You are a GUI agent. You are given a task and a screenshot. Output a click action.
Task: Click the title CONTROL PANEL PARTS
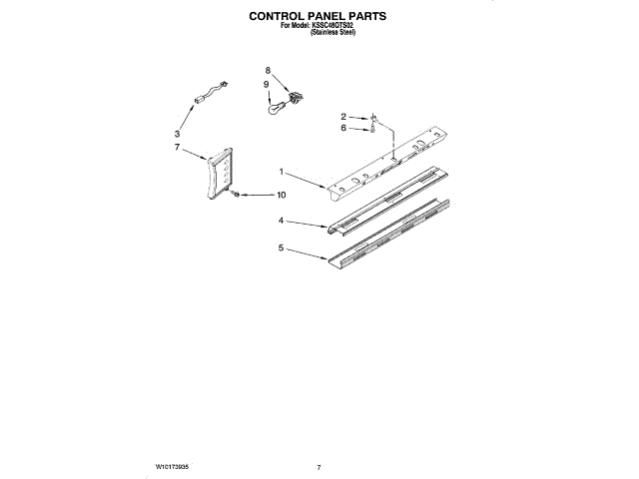click(318, 17)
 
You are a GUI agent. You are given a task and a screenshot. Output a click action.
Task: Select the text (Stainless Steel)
click(333, 33)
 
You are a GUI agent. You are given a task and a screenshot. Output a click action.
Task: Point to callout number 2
click(342, 117)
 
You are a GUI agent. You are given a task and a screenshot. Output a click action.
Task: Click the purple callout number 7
click(177, 147)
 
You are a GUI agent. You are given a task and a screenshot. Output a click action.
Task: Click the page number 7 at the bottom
click(319, 466)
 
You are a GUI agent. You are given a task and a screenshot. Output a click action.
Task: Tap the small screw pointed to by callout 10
click(237, 195)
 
